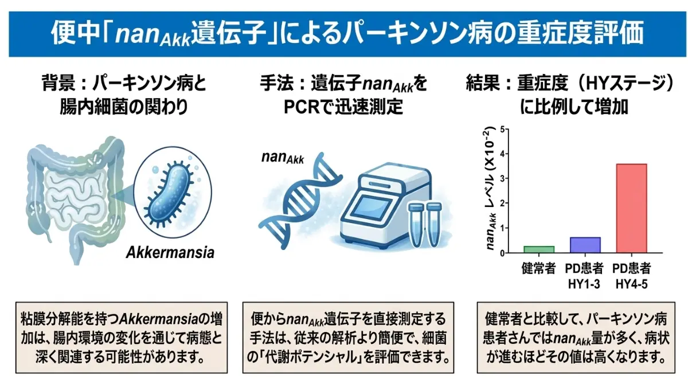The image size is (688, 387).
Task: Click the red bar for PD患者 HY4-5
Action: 631,208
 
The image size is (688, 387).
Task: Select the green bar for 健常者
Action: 539,249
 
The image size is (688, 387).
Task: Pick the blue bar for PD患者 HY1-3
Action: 585,245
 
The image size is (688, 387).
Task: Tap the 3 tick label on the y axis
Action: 502,178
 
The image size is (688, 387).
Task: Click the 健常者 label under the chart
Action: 539,268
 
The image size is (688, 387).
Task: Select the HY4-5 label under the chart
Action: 631,284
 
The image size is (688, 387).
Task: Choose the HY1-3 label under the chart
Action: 584,284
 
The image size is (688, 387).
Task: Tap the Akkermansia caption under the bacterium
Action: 170,252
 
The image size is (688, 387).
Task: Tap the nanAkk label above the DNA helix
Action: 283,158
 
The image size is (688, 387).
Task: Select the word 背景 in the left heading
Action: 58,83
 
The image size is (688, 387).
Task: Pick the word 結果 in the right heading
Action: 483,83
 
